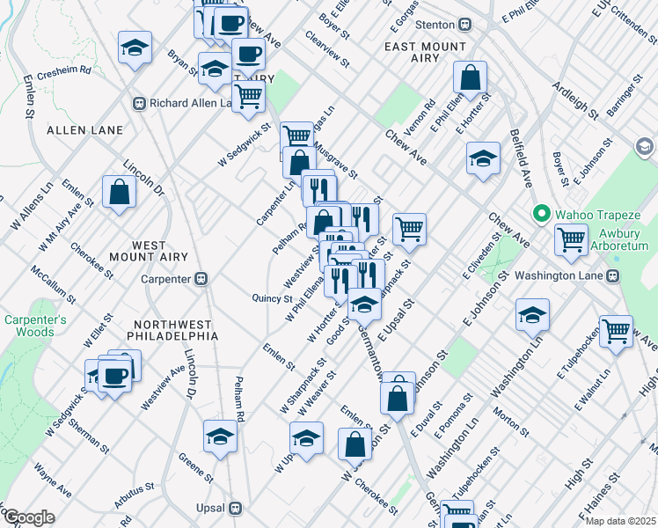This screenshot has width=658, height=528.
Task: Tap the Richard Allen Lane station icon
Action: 139,103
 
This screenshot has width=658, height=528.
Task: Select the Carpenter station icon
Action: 201,279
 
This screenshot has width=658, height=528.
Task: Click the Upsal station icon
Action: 235,509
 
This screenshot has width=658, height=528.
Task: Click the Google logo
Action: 29,517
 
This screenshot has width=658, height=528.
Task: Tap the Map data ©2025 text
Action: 620,521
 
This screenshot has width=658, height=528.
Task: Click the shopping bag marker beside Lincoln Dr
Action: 119,193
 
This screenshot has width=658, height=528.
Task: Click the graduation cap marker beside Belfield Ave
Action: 482,159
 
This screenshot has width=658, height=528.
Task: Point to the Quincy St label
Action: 272,299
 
